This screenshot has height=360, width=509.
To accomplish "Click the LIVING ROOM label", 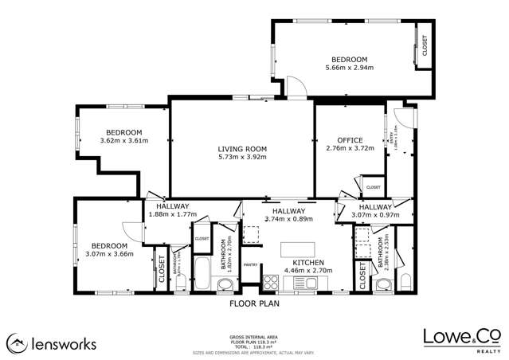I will tap(242, 149).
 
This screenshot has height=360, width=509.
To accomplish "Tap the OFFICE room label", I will tap(350, 139).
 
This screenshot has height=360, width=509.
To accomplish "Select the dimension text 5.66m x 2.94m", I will tap(349, 68).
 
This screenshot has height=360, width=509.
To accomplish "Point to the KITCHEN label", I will tap(308, 262).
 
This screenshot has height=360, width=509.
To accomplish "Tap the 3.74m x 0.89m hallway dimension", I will tap(284, 218).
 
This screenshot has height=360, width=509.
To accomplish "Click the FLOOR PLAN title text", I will tap(253, 303).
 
